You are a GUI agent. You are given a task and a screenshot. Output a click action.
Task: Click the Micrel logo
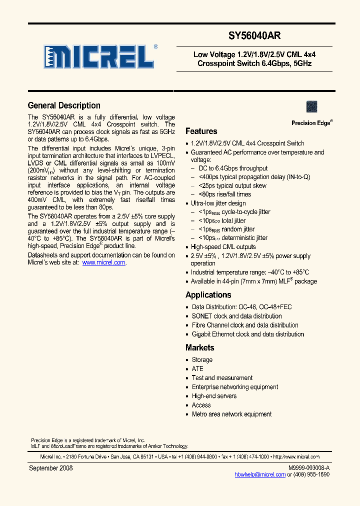[x=99, y=56]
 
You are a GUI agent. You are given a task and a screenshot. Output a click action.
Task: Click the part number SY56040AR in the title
[x=254, y=36]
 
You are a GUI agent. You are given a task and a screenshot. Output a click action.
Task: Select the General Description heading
[x=64, y=105]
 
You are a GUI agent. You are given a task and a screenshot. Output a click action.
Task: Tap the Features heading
[x=201, y=131]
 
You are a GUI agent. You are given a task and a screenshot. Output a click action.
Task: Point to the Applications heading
[x=208, y=295]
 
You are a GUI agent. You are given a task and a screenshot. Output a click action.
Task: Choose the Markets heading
[x=199, y=347]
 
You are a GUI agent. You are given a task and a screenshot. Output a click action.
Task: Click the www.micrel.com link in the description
[x=103, y=262]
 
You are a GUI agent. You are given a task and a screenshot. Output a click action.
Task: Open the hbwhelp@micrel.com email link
[x=260, y=474]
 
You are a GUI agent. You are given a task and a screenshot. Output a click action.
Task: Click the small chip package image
[x=311, y=106]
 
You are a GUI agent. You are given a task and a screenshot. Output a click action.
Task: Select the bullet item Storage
[x=202, y=360]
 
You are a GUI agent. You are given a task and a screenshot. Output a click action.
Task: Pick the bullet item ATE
[x=197, y=369]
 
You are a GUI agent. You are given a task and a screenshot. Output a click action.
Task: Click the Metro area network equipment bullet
[x=231, y=414]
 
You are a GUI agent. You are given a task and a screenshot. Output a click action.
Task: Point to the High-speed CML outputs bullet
[x=223, y=247]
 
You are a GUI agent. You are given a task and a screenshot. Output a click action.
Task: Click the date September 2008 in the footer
[x=51, y=468]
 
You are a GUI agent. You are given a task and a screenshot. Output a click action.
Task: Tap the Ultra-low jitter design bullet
[x=218, y=203]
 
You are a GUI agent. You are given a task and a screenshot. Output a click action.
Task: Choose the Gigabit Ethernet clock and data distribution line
[x=247, y=334]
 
